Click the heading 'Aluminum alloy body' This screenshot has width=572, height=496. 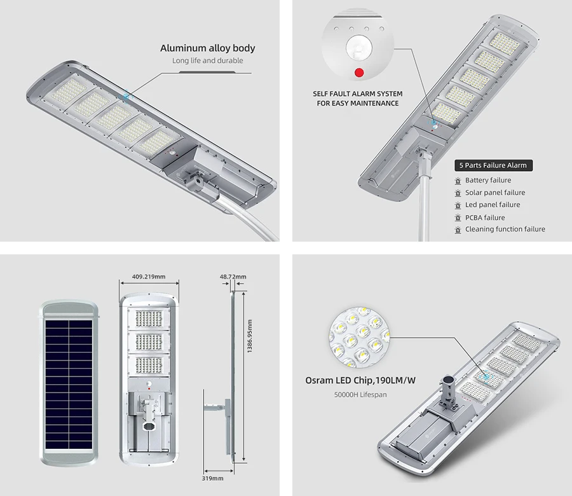click(208, 48)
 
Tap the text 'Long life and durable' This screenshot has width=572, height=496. click(208, 61)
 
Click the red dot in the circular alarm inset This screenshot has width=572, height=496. click(359, 72)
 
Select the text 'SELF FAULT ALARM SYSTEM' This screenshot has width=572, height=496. click(358, 93)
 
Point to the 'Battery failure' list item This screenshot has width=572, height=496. click(488, 181)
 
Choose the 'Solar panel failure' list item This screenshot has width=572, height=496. click(495, 193)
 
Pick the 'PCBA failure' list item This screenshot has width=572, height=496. click(485, 217)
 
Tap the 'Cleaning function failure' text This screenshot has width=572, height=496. click(505, 230)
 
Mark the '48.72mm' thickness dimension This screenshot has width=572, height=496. click(233, 277)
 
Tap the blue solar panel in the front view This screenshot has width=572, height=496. click(69, 378)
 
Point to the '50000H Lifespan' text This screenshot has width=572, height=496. click(359, 395)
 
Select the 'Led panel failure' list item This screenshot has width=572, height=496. click(493, 205)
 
